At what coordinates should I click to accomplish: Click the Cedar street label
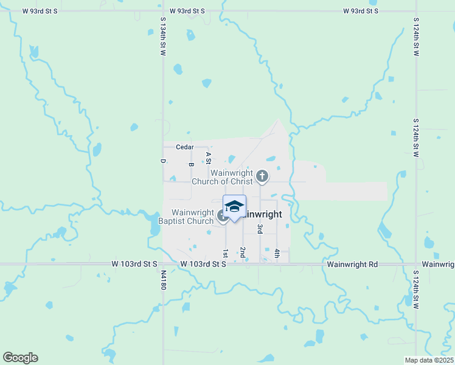click(184, 147)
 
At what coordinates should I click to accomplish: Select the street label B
click(190, 164)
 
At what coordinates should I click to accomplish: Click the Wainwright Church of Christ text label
click(223, 177)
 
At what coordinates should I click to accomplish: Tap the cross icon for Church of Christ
click(262, 176)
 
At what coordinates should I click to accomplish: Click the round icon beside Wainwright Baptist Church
click(222, 215)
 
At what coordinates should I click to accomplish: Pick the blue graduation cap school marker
click(234, 207)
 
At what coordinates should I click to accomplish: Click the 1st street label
click(225, 252)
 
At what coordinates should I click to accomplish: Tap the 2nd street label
click(242, 252)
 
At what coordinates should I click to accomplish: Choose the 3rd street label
click(260, 229)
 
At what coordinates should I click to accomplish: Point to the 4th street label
click(277, 253)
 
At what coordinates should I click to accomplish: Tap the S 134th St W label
click(163, 36)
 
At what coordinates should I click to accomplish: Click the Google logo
click(20, 358)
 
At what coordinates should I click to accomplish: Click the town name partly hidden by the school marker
click(262, 215)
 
